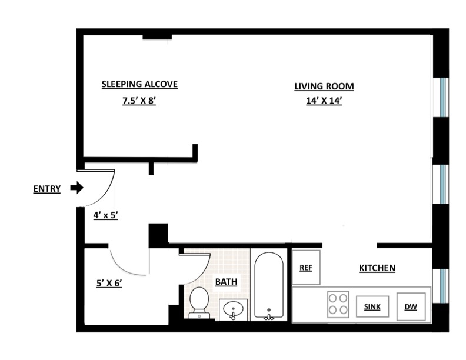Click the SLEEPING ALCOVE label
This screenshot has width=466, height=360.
tap(139, 84)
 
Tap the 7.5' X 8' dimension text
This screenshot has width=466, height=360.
tap(138, 101)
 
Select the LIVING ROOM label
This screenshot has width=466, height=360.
tap(324, 86)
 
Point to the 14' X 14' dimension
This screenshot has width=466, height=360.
tap(324, 101)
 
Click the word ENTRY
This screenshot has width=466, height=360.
tap(46, 189)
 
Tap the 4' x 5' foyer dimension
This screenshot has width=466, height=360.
tap(106, 215)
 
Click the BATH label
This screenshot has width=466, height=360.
tap(226, 282)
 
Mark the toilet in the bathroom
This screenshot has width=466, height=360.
tap(199, 302)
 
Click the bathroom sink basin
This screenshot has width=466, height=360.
tap(234, 308)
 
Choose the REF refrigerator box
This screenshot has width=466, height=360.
tap(306, 268)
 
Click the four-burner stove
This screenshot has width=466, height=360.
tap(338, 304)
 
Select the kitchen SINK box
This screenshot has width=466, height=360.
tap(372, 306)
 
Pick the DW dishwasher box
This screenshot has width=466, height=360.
tap(411, 306)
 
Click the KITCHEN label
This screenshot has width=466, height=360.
tap(377, 268)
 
